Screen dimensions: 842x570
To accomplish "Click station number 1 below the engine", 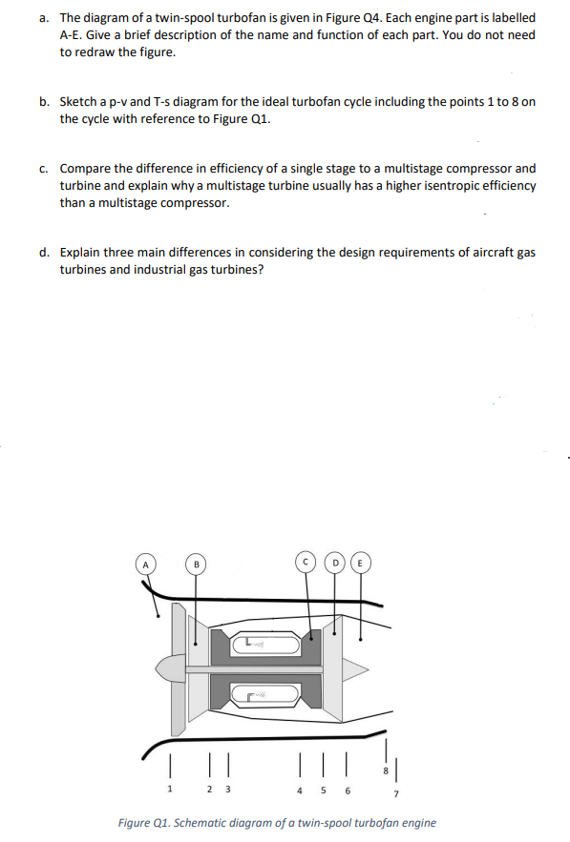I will tap(170, 789).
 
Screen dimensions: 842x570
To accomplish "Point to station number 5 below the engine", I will tap(322, 789).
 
